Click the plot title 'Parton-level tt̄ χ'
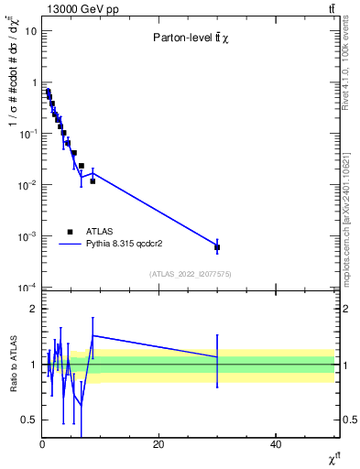[x=190, y=38]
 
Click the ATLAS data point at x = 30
[x=217, y=247]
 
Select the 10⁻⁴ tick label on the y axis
[x=28, y=288]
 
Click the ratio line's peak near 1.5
[x=93, y=335]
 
